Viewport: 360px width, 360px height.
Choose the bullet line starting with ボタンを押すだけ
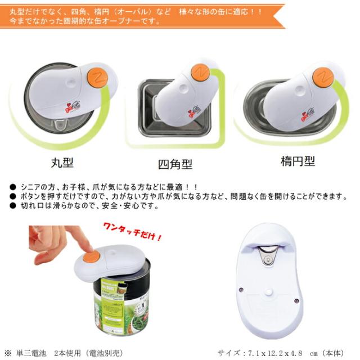click(180, 196)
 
